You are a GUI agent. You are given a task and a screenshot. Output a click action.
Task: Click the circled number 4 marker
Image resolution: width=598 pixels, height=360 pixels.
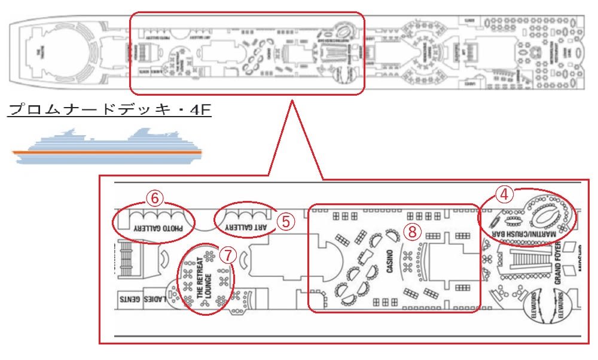(x=505, y=194)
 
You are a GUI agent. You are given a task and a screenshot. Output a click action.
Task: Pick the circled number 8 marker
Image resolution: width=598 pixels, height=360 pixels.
(x=412, y=230)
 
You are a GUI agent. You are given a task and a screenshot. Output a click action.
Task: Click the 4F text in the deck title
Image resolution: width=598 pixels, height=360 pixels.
(x=200, y=110)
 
